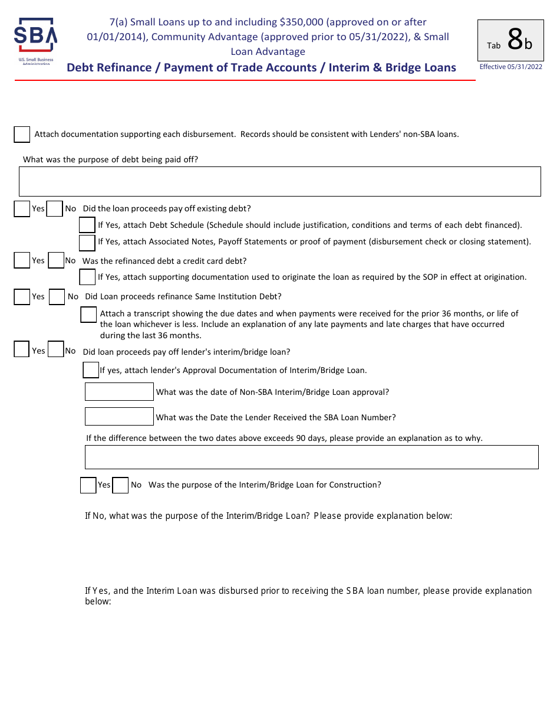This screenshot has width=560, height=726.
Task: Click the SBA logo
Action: point(35,42)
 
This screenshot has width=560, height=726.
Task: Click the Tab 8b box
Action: point(510,40)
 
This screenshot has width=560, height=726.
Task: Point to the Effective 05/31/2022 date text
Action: point(510,67)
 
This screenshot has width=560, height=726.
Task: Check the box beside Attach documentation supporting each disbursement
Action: point(22,135)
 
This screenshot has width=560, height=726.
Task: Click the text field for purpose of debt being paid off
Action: point(279,181)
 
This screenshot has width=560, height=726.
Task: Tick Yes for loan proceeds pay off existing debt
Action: point(22,209)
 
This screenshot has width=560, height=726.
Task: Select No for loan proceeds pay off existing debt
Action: point(55,209)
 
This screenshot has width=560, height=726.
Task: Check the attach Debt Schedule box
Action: point(87,225)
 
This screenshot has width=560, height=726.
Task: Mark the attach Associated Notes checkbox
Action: point(87,242)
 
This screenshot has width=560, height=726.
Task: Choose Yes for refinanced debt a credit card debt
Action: point(22,261)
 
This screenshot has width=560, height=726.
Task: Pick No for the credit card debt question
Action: point(56,261)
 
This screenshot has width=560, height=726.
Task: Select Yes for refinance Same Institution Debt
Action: point(22,297)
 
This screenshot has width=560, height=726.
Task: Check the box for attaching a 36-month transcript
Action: point(88,315)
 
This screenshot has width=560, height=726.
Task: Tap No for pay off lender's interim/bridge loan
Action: point(55,349)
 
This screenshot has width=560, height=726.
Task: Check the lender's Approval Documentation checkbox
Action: point(91,370)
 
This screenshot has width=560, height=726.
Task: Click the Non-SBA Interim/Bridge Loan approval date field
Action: point(119,392)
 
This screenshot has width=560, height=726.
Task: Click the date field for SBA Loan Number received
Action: point(119,417)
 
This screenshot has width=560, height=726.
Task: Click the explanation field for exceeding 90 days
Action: point(311,457)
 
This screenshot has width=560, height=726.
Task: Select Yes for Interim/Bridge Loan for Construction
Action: point(88,485)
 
